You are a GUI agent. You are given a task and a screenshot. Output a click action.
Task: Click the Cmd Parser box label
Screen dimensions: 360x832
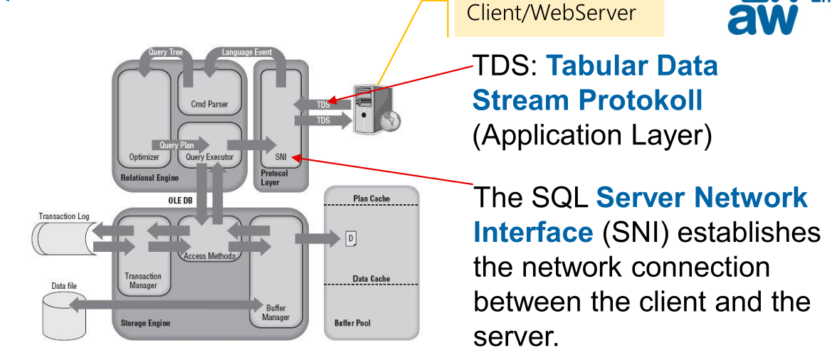[209, 105]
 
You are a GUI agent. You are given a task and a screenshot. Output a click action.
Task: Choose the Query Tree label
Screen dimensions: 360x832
[165, 52]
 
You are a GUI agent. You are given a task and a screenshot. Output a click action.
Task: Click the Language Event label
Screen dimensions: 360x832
[246, 52]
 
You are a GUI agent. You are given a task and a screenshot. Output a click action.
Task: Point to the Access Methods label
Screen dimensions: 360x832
[209, 256]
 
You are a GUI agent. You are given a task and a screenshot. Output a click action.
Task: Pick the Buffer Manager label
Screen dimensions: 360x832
[277, 313]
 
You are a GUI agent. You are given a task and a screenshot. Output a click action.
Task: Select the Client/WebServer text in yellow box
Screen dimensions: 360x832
[551, 13]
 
